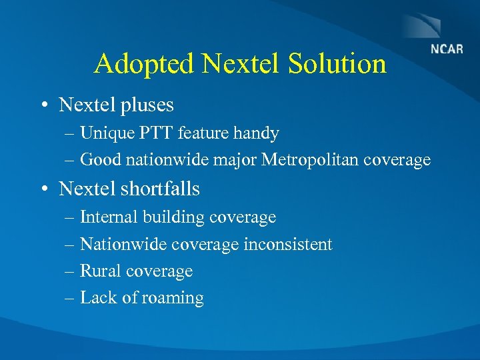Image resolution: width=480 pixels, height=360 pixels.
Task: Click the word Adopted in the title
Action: pyautogui.click(x=144, y=64)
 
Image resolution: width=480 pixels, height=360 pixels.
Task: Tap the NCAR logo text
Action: pyautogui.click(x=446, y=49)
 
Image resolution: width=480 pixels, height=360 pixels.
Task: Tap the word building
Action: pyautogui.click(x=173, y=217)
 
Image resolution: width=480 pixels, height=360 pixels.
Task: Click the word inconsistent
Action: pyautogui.click(x=288, y=245)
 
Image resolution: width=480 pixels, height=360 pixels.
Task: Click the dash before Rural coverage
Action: pyautogui.click(x=70, y=272)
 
